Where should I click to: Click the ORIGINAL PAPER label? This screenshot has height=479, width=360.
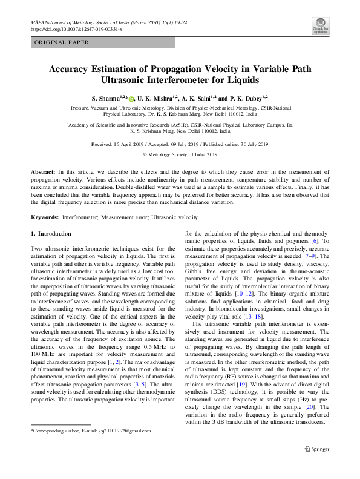[62, 42]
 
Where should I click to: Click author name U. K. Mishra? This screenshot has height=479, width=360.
[155, 98]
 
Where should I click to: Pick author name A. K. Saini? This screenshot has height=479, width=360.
[197, 98]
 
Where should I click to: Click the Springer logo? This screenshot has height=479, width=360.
[316, 449]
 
